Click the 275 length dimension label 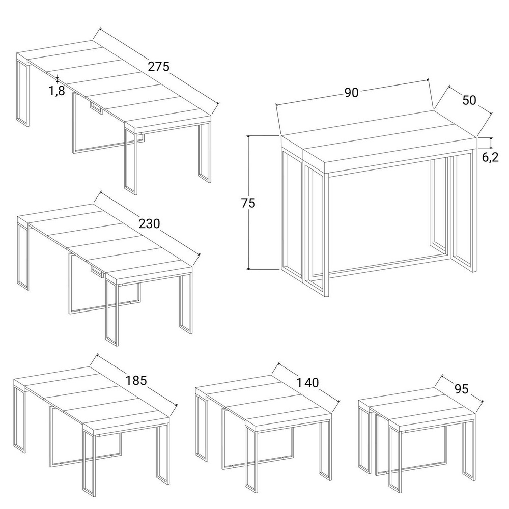(x=158, y=66)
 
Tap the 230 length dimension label (x=149, y=223)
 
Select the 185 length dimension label (x=136, y=380)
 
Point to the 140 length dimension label (x=307, y=383)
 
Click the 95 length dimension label (x=462, y=388)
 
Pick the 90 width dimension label (x=351, y=93)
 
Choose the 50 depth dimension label (x=469, y=100)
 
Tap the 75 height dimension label (x=248, y=203)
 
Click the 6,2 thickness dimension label (x=490, y=157)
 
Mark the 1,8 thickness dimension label (x=57, y=91)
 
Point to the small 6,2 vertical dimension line (x=491, y=143)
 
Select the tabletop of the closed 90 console (x=379, y=137)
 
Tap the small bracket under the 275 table (x=96, y=108)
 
